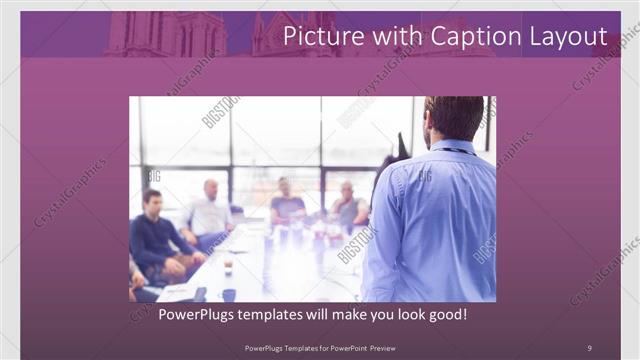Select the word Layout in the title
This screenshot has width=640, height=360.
click(565, 37)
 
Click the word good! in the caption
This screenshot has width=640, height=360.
click(445, 314)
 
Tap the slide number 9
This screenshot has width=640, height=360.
click(589, 347)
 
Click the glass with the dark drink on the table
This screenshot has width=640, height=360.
click(228, 264)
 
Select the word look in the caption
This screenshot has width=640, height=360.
click(387, 314)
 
